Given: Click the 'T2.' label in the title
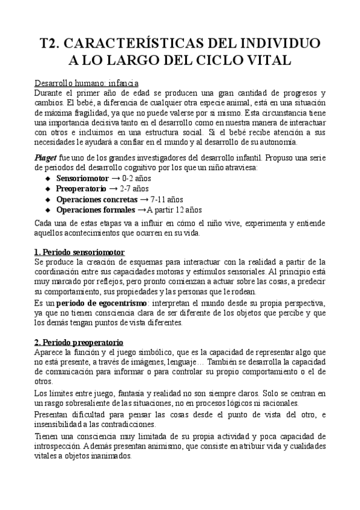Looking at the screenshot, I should [50, 43].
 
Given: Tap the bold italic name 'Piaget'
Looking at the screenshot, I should [46, 156].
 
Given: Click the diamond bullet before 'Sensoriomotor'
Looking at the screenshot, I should [49, 179].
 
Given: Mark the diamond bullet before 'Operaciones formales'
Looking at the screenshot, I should [49, 210].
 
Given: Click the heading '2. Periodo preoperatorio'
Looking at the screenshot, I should [79, 341].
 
